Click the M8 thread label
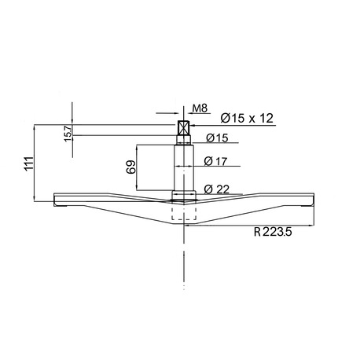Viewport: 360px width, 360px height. point(199,109)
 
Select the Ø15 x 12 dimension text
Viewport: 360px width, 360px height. point(247,118)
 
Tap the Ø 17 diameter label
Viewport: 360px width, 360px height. point(215,161)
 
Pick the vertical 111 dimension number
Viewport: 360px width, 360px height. point(29,163)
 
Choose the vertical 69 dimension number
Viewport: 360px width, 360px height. point(131,167)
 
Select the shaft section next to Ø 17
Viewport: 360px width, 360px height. point(184,165)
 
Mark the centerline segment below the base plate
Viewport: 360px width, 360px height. point(184,259)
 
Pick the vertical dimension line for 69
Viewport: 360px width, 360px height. point(138,167)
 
